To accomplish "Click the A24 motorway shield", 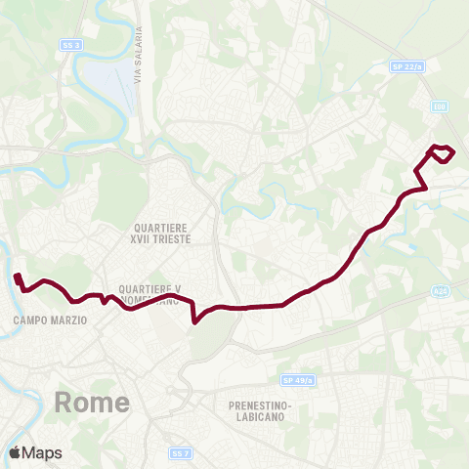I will (441, 292).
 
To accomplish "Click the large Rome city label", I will (92, 403).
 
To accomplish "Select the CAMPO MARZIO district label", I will (52, 320).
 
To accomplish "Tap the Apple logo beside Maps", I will (15, 452).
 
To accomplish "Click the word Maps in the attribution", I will (42, 452).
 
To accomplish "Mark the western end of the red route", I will (17, 276).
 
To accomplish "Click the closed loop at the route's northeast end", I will (444, 152).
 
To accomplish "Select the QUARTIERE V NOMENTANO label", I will (149, 295).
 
